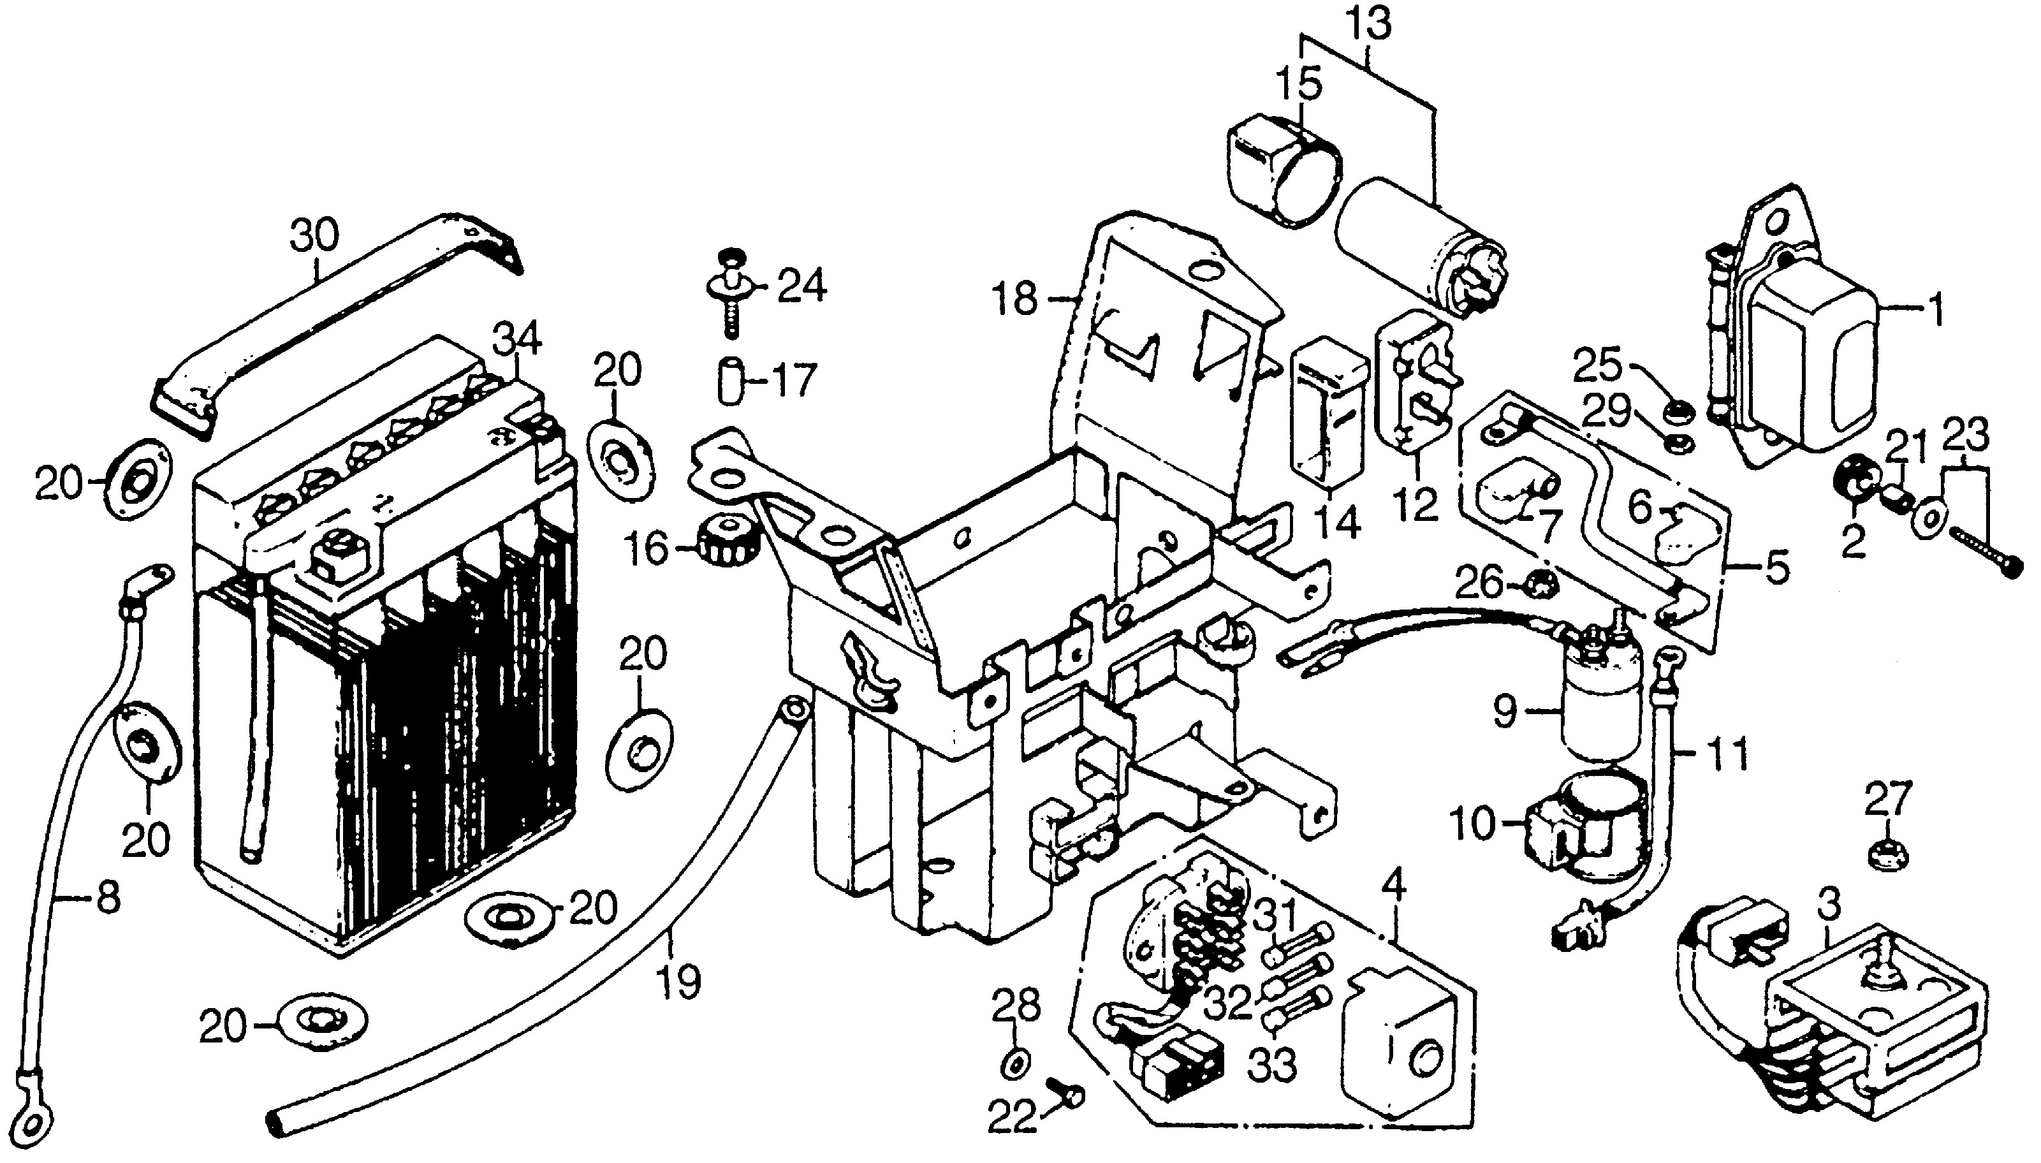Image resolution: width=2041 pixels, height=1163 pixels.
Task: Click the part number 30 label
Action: coord(314,238)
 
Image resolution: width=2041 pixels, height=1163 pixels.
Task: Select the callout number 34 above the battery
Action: coord(516,339)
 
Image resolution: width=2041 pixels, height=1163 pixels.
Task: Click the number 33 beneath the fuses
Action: coord(1271,1064)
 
